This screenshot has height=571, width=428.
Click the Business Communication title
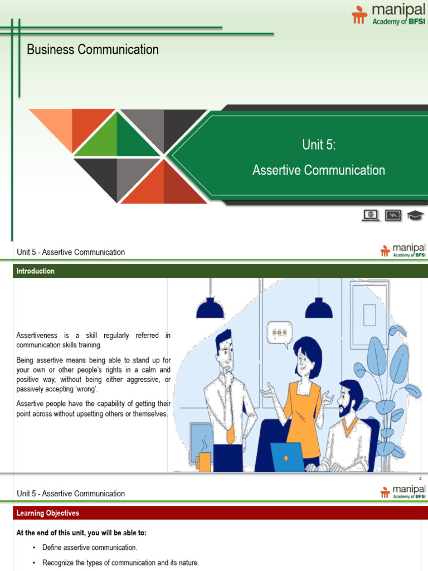tap(93, 50)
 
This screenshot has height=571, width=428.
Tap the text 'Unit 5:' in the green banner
tap(319, 145)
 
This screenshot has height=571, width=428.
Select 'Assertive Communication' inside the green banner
tap(319, 170)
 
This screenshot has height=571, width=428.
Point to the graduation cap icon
tap(415, 215)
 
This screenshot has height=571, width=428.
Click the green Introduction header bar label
tap(36, 272)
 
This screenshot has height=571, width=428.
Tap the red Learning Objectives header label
tap(48, 513)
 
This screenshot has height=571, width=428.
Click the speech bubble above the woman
tap(279, 333)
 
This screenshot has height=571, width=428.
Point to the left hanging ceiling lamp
tap(210, 307)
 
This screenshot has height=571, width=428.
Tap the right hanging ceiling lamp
tap(319, 307)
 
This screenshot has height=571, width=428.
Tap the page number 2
tap(420, 479)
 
